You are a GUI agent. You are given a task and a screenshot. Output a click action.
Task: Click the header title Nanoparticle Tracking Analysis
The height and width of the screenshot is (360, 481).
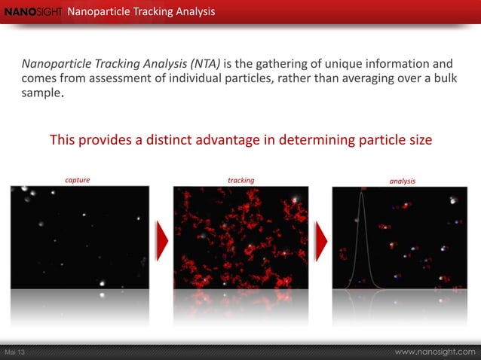pos(141,12)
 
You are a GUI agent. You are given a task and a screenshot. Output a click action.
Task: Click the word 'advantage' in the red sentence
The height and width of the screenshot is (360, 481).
pos(220,140)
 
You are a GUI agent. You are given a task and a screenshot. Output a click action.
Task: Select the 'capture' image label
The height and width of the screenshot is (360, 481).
pos(78,181)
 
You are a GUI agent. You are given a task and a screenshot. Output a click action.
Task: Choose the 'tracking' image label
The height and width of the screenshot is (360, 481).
pos(240,181)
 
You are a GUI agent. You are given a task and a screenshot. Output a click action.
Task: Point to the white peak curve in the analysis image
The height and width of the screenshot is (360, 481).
pos(361,226)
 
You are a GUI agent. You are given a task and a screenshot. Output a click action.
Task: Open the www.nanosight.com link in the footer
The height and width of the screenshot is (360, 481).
pos(435,352)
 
